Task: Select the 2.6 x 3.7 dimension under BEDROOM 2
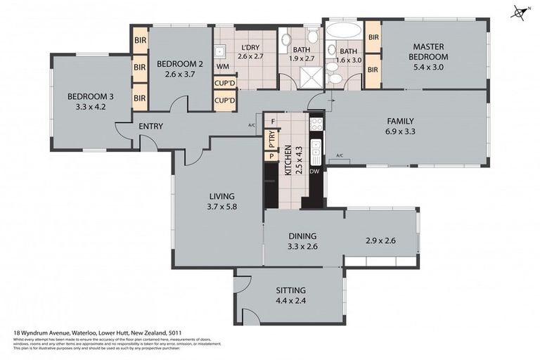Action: point(179,73)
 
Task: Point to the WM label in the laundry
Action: point(222,67)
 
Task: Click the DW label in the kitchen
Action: point(315,171)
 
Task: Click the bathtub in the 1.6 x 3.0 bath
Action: point(342,32)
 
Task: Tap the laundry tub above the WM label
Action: point(221,50)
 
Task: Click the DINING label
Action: point(302,236)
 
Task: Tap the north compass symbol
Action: point(521,12)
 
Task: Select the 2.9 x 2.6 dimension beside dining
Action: point(380,241)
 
